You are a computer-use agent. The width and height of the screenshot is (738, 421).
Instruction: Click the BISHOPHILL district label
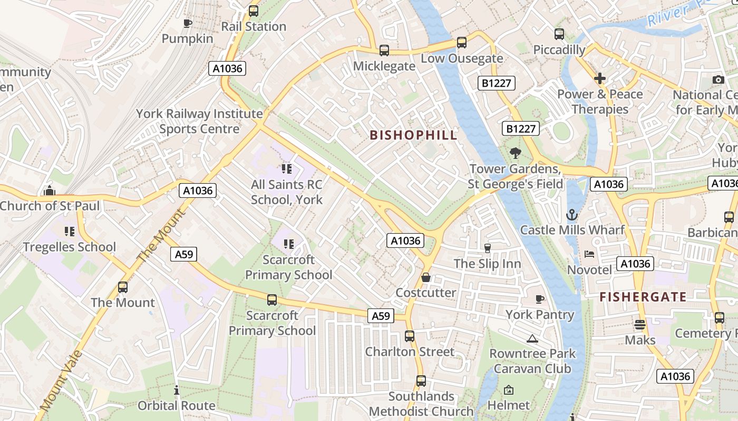coord(413,135)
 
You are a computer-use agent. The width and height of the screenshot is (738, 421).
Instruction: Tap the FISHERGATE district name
coord(643,297)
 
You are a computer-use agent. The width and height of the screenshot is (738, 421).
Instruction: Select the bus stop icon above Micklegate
coord(384,51)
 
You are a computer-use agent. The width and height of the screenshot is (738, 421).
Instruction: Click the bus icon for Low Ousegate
coord(462,43)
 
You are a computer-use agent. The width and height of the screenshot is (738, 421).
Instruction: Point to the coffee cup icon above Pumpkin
coord(187,23)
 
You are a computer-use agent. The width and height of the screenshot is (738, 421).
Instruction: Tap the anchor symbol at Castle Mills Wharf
coord(572,215)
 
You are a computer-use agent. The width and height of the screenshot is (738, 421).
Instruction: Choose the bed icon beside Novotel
coord(589,254)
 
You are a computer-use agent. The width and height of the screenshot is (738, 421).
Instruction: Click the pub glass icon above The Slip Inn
coord(487,248)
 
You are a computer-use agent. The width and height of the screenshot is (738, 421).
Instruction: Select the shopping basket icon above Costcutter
coord(426,277)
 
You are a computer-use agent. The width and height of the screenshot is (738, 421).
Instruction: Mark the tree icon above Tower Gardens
coord(515,153)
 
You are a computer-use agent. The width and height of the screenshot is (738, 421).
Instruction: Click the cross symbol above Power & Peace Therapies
coord(600,79)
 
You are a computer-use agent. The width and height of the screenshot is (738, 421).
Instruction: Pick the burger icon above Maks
coord(640,325)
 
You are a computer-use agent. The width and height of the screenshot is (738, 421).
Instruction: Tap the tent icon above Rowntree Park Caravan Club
coord(532,338)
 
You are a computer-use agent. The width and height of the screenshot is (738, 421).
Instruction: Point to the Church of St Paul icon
coord(50,191)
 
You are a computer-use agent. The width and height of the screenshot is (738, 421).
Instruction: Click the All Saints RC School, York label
coord(286,192)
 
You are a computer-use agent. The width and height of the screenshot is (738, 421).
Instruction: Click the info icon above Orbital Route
coord(176,390)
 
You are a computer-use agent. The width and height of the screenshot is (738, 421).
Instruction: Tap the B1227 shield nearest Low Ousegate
coord(496,83)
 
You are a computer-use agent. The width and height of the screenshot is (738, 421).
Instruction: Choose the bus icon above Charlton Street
coord(410,336)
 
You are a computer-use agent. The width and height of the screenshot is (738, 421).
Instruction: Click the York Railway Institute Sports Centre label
coord(199,121)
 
